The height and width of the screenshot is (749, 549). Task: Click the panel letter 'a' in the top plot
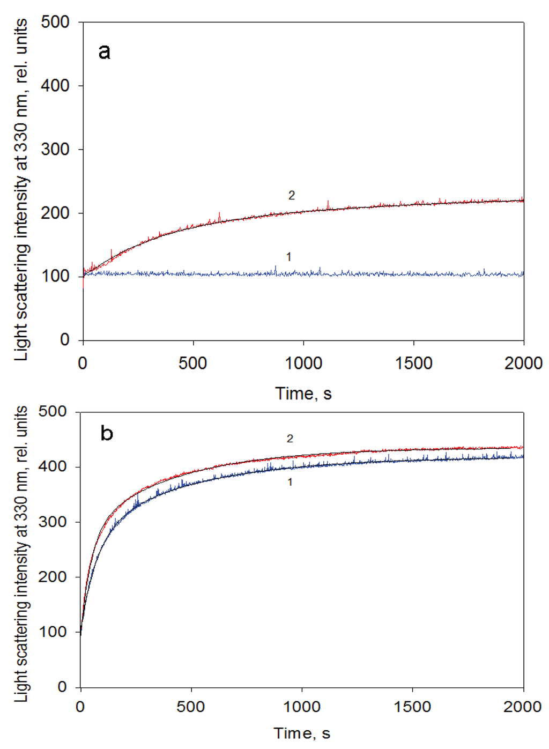(105, 52)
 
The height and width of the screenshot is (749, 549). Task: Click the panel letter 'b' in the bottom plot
(107, 433)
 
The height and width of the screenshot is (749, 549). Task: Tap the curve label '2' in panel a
(292, 196)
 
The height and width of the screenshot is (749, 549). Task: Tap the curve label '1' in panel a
(289, 257)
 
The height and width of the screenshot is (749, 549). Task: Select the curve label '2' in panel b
(290, 439)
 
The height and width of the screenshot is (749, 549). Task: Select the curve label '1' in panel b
(290, 483)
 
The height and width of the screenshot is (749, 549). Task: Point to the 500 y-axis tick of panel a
(55, 23)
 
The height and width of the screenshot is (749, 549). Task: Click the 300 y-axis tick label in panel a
(55, 150)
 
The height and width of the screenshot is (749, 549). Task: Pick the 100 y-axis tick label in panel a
(55, 277)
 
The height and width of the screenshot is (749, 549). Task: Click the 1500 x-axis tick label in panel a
(413, 364)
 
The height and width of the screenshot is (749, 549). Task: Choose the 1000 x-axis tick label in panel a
(303, 364)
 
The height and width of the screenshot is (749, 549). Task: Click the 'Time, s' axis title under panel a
(303, 394)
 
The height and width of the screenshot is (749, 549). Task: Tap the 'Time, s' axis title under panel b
(302, 733)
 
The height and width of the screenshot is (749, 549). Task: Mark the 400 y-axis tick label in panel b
(53, 467)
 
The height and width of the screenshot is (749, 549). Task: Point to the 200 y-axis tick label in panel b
(53, 577)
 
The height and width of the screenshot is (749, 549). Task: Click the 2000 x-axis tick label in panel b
(522, 707)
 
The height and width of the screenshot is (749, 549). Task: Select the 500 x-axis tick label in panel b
(191, 707)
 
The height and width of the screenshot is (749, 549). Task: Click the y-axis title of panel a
(21, 190)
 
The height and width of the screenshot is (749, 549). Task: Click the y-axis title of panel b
(21, 553)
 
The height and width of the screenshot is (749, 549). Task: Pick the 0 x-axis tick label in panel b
(80, 707)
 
